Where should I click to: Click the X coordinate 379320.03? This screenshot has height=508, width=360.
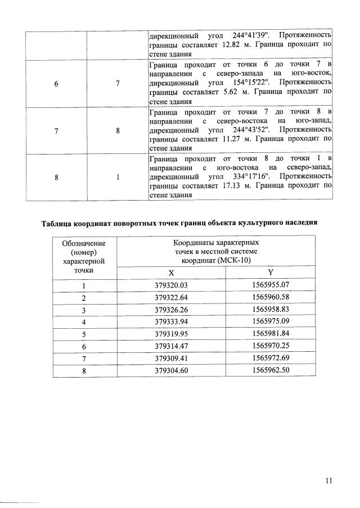tap(171, 285)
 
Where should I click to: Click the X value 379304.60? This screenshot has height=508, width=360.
tap(171, 370)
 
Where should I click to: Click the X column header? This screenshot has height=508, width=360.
tap(171, 273)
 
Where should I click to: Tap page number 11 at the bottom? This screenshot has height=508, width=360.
tap(329, 480)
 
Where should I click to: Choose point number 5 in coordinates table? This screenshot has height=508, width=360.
tap(84, 334)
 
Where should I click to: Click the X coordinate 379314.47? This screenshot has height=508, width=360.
tap(171, 346)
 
